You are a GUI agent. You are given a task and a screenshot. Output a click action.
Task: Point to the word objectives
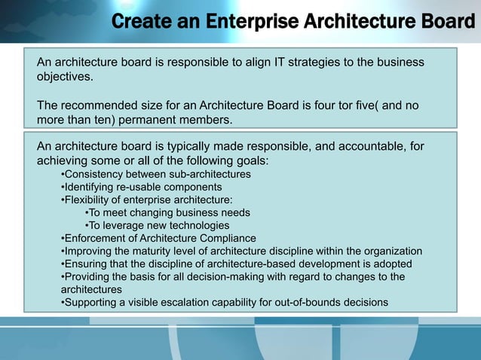coord(66,77)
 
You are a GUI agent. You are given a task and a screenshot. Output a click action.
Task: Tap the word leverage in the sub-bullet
coord(128,225)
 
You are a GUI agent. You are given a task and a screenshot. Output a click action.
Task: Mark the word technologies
coord(200,225)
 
